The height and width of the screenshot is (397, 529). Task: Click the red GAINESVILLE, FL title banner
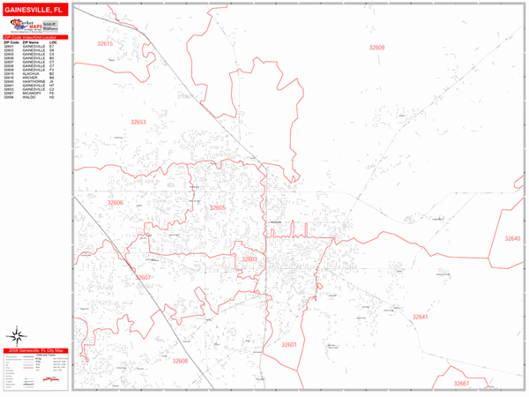[34, 9]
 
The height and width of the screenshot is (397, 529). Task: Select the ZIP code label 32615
[106, 43]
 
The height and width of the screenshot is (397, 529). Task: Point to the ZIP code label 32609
[376, 48]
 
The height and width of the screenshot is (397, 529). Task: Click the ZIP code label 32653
[138, 123]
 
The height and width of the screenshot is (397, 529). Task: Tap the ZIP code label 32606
[115, 203]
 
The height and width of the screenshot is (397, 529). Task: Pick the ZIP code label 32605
[218, 207]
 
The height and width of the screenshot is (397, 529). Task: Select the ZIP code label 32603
[250, 259]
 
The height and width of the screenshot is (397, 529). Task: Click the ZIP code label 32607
[145, 278]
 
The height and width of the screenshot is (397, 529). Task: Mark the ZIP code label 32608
[180, 361]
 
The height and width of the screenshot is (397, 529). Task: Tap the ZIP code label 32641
[420, 316]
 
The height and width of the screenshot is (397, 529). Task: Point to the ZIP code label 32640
[512, 239]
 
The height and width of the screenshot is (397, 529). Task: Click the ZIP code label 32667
[462, 384]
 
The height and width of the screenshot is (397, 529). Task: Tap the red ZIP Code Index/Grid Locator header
[34, 36]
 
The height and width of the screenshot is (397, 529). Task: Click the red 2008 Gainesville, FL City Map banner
[34, 351]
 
